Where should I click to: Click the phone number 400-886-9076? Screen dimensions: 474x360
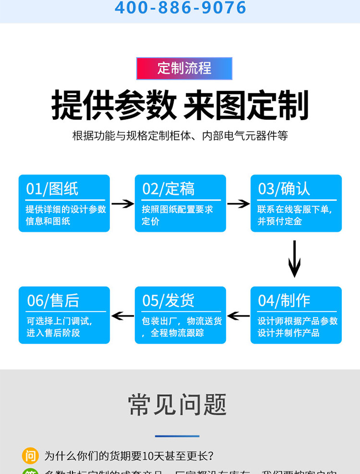180,8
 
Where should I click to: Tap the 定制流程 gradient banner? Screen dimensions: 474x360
184,68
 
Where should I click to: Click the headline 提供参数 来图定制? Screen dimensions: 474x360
180,105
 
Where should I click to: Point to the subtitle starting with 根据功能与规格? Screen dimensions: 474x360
180,135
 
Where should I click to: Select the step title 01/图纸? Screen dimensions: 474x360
52,189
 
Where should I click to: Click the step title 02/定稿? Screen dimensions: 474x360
168,189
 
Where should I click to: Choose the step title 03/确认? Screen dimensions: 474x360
284,189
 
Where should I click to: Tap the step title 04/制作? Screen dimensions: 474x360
284,301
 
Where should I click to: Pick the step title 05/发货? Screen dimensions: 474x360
168,301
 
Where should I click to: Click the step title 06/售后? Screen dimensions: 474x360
53,301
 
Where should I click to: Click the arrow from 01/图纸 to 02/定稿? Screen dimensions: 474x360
122,204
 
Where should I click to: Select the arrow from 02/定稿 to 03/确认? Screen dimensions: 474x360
238,204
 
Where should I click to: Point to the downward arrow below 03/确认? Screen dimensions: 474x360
294,259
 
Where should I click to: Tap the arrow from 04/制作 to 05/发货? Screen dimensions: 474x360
238,316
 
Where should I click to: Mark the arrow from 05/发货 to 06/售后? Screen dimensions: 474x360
122,316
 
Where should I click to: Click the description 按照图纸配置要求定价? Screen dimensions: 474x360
177,215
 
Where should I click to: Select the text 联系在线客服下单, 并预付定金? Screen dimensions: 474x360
294,215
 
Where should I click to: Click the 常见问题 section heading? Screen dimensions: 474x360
177,405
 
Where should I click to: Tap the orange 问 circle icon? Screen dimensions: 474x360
30,455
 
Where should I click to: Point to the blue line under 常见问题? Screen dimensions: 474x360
177,436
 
